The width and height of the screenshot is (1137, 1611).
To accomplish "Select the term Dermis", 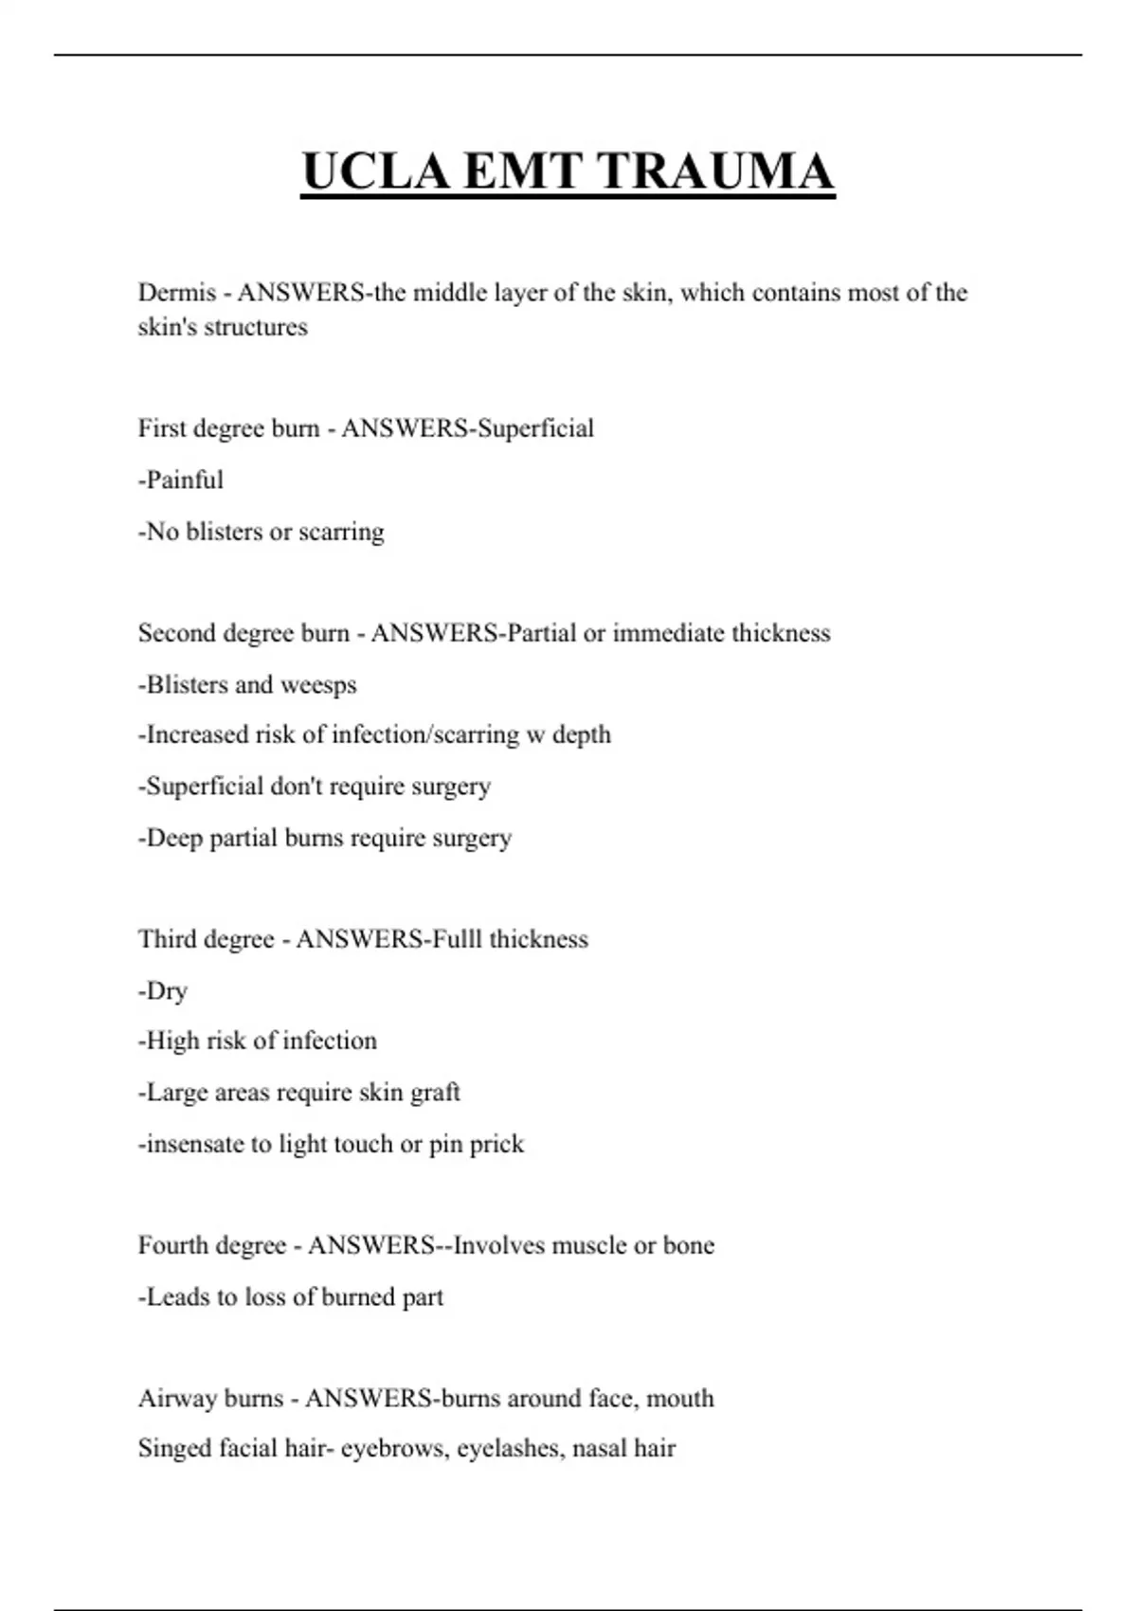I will tap(176, 292).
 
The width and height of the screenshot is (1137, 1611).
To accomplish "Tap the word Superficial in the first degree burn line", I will tap(535, 428).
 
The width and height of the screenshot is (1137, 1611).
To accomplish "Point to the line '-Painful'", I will tap(181, 480).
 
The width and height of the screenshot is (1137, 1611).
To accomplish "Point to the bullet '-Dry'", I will tap(163, 991).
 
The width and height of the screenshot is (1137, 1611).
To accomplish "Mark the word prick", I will tap(496, 1144).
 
